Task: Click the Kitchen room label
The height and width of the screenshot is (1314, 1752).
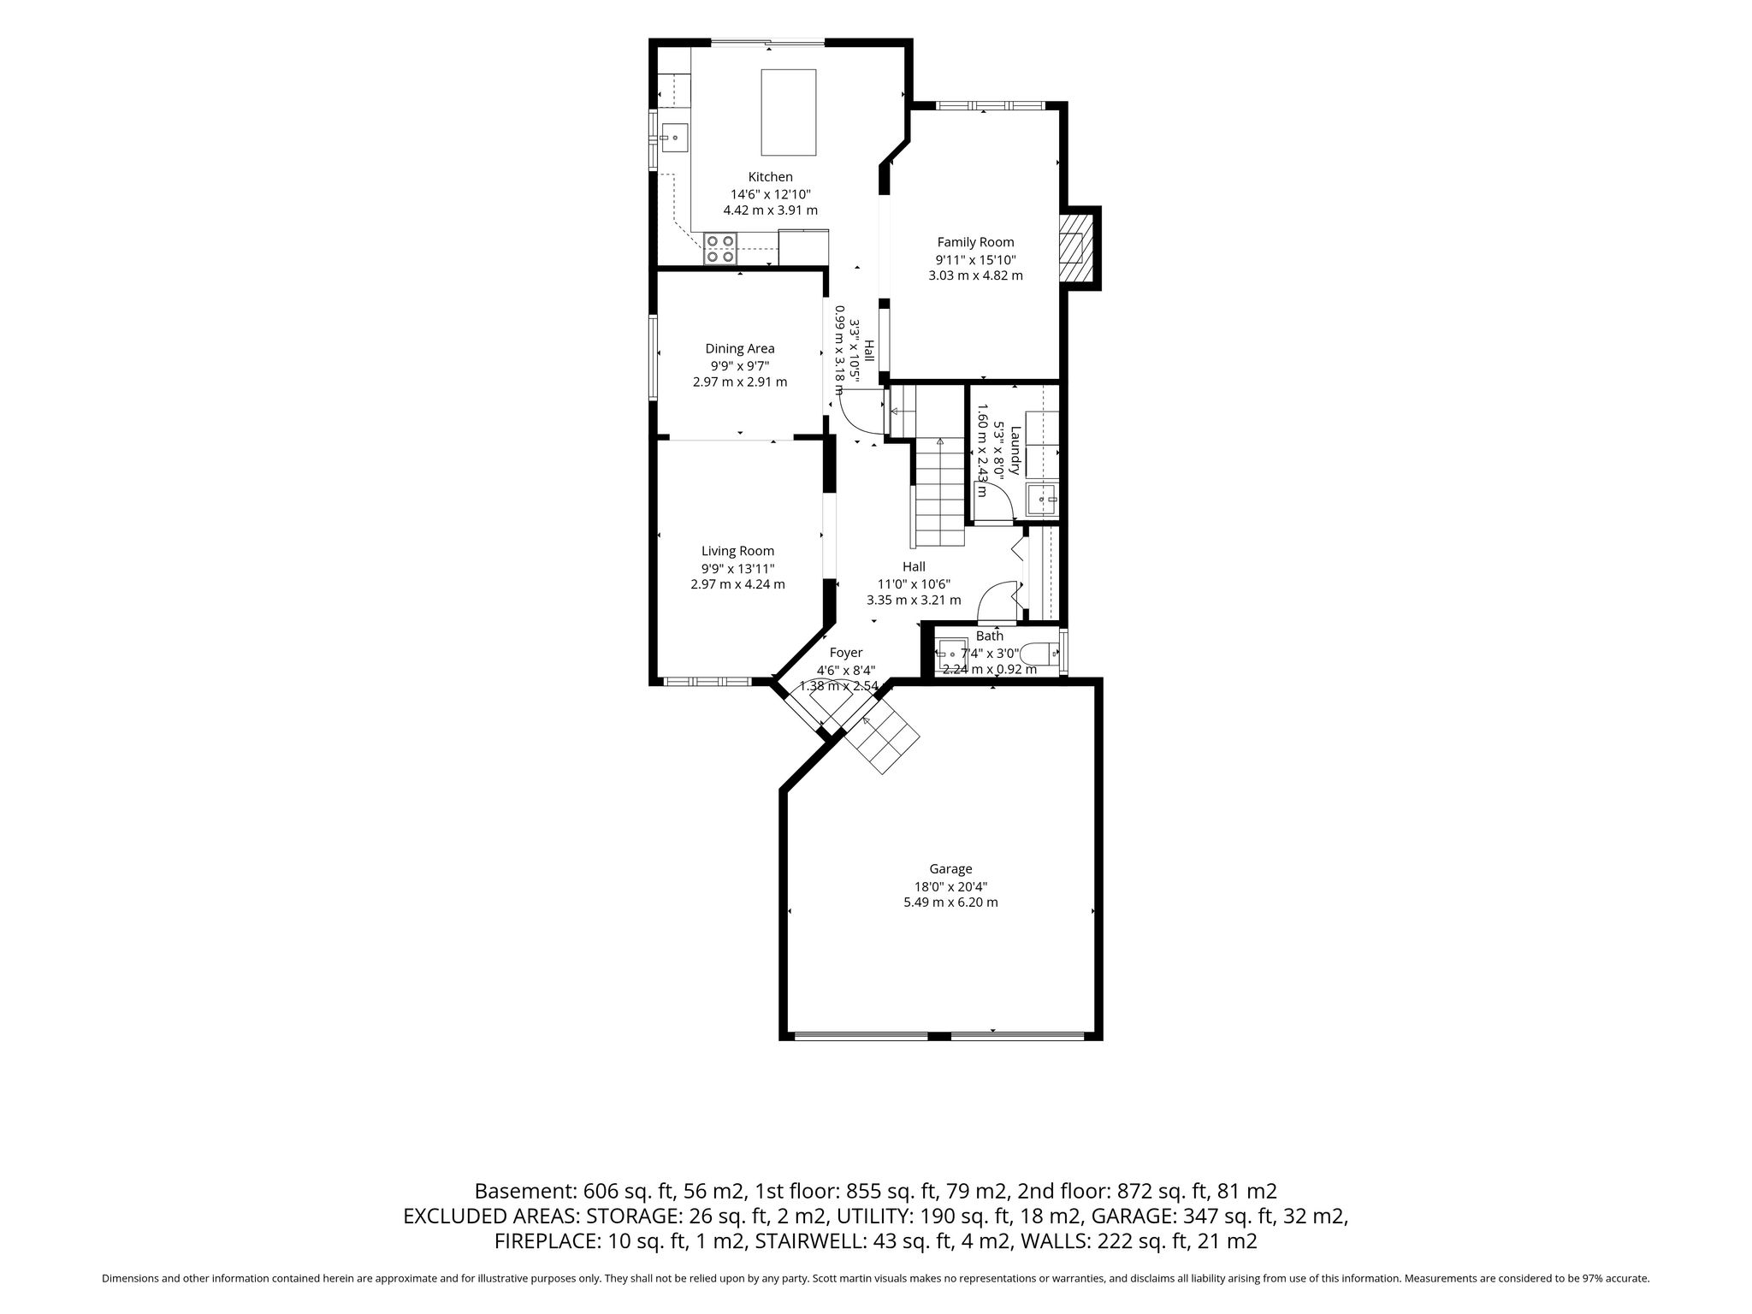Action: click(x=770, y=177)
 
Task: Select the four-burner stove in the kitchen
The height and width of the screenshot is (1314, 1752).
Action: click(x=720, y=248)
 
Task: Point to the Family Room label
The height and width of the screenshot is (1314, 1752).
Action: click(x=975, y=242)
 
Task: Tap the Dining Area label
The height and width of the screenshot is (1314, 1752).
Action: click(x=740, y=348)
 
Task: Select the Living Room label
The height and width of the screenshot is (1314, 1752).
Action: click(x=737, y=551)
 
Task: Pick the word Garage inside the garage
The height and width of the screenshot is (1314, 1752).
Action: click(x=950, y=869)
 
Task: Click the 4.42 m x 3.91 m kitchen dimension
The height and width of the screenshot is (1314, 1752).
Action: click(x=770, y=210)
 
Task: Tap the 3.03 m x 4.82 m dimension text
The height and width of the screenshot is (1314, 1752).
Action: click(x=975, y=275)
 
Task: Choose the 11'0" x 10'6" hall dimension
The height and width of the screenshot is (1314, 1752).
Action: click(x=914, y=583)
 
